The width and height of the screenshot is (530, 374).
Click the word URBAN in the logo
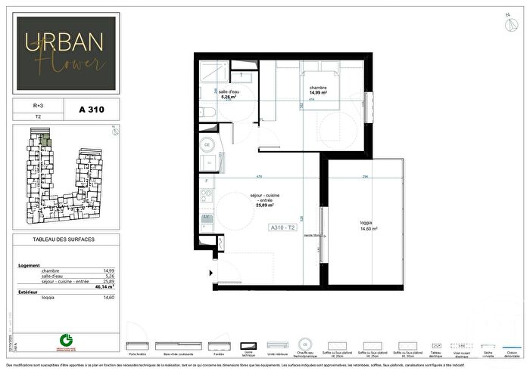point(64,42)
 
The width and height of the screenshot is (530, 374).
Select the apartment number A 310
point(90,110)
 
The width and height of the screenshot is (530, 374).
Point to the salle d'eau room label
point(229,91)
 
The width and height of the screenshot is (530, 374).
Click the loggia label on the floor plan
point(368,224)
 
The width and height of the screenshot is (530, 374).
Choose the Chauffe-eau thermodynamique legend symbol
point(305,342)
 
